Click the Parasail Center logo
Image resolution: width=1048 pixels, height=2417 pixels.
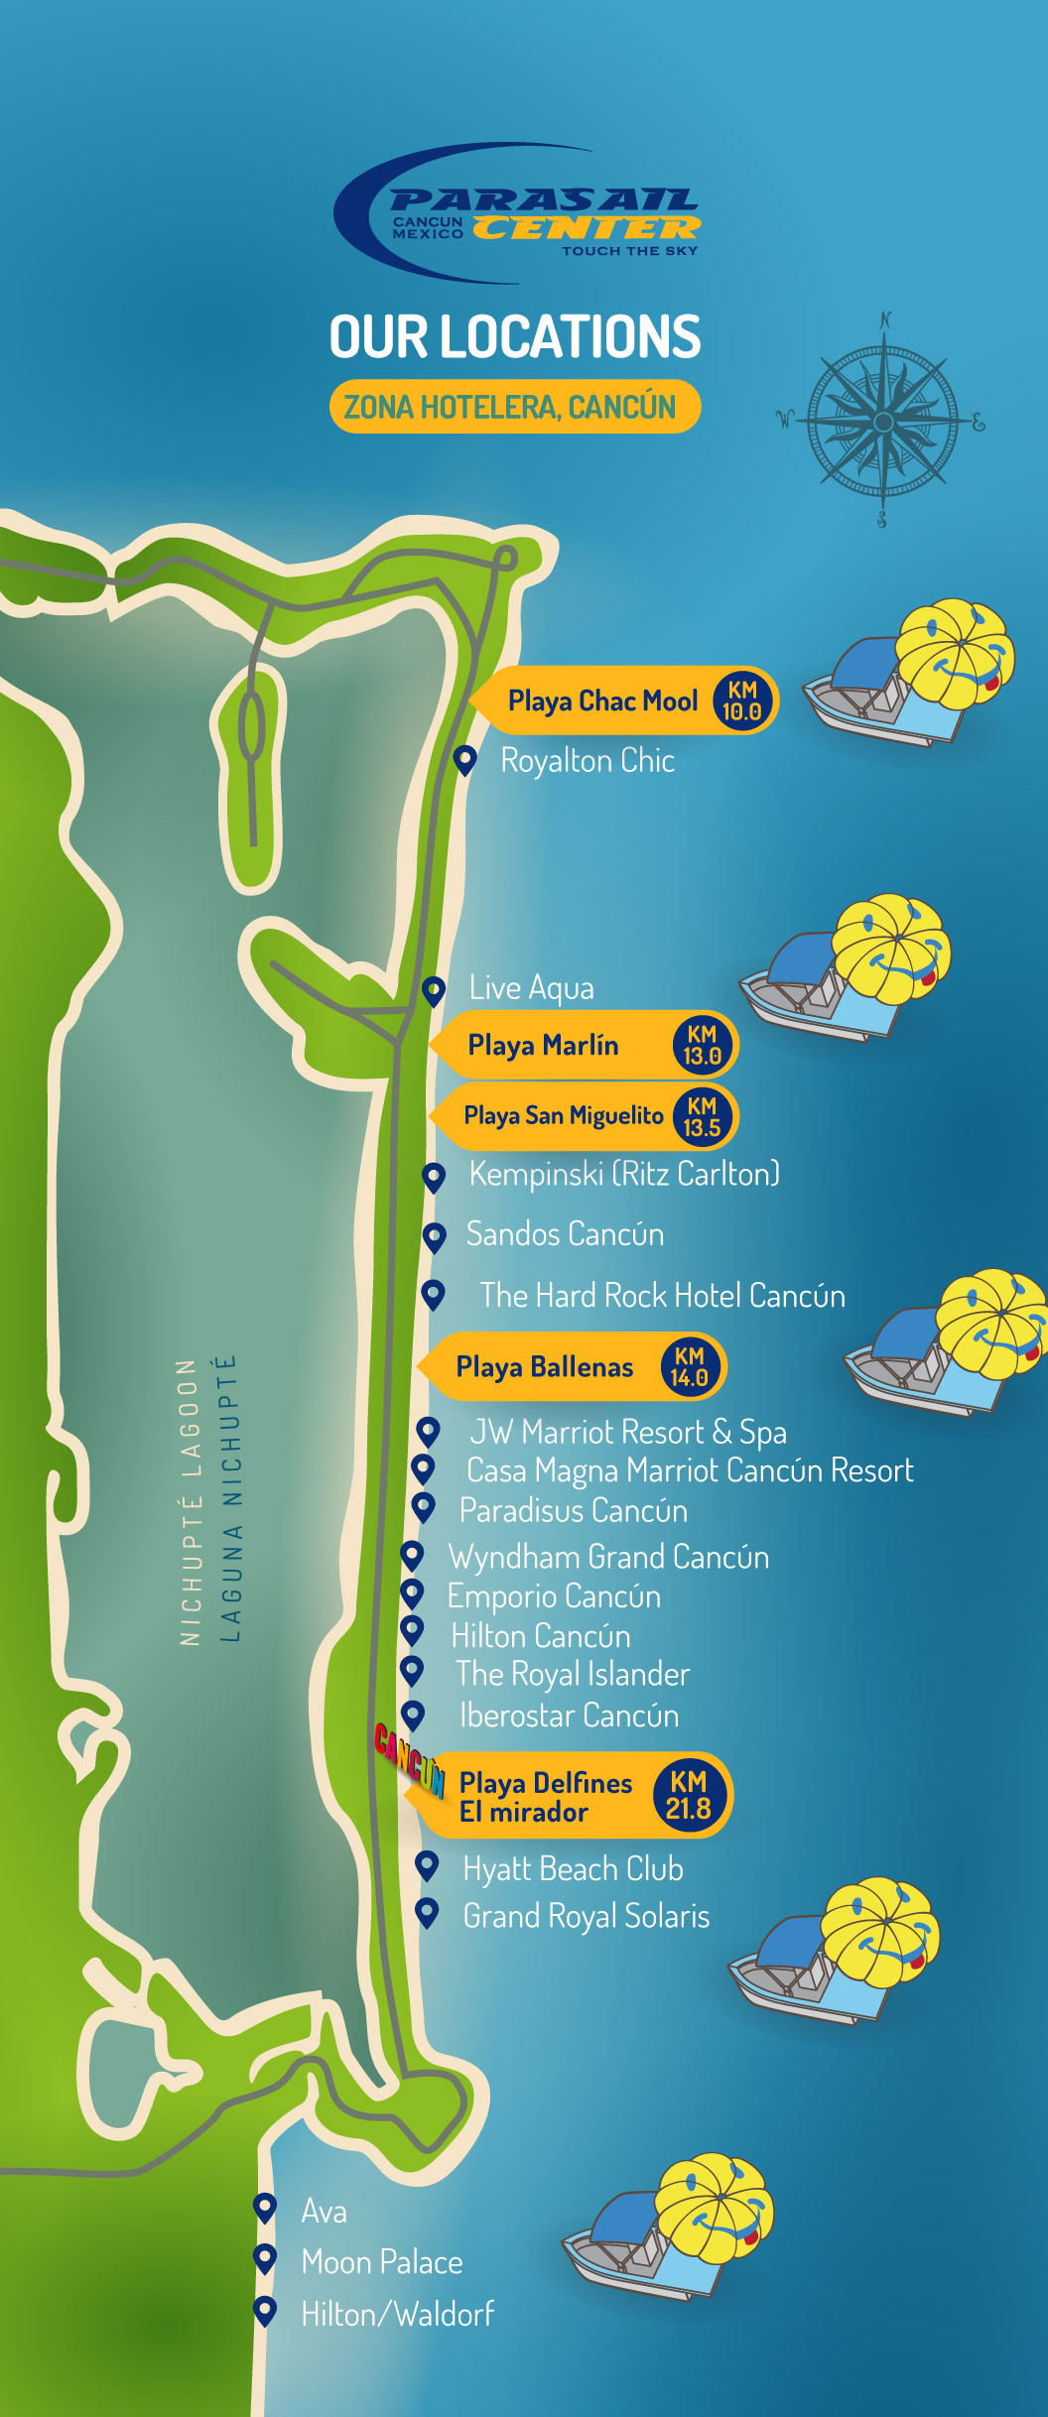(518, 214)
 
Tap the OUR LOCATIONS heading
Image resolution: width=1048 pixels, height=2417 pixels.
(515, 337)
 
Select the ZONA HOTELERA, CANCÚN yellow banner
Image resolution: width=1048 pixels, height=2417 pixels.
(514, 407)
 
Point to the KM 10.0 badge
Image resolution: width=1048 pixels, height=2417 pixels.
(742, 700)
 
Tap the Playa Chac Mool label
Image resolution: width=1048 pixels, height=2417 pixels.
(602, 701)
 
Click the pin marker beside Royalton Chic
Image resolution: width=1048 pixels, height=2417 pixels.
(463, 760)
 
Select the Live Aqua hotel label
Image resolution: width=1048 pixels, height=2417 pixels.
(532, 988)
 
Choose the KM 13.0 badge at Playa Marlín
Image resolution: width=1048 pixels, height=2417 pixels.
(702, 1046)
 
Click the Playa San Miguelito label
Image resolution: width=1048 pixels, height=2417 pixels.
(563, 1116)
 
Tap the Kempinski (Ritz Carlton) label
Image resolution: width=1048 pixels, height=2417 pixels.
(624, 1175)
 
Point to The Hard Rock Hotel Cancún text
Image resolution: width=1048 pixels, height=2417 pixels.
(662, 1296)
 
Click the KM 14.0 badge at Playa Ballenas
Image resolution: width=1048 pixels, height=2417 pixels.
(689, 1367)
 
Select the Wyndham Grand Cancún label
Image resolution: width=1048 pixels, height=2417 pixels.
(608, 1557)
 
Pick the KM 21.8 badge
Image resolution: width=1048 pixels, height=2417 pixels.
(689, 1796)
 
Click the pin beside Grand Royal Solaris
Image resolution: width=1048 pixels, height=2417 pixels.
(427, 1912)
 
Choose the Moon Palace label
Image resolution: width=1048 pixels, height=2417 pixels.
(382, 2262)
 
